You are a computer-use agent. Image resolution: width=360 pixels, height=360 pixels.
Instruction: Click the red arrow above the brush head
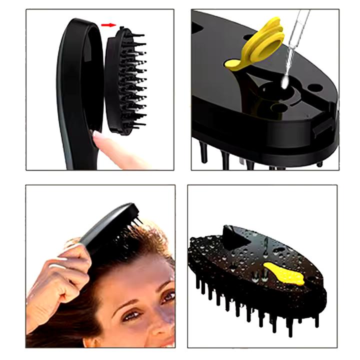click(x=107, y=23)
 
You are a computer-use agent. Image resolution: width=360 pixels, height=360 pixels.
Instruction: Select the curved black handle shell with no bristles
click(x=75, y=90)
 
